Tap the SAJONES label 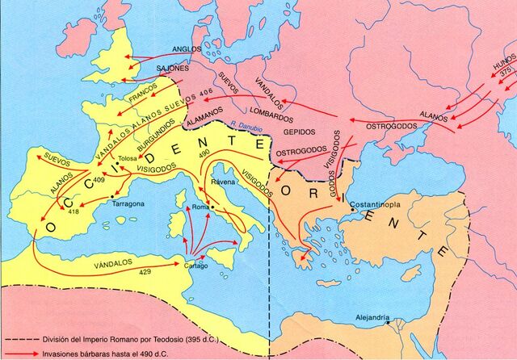click(173, 69)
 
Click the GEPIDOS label click(298, 132)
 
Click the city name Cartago click(196, 266)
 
